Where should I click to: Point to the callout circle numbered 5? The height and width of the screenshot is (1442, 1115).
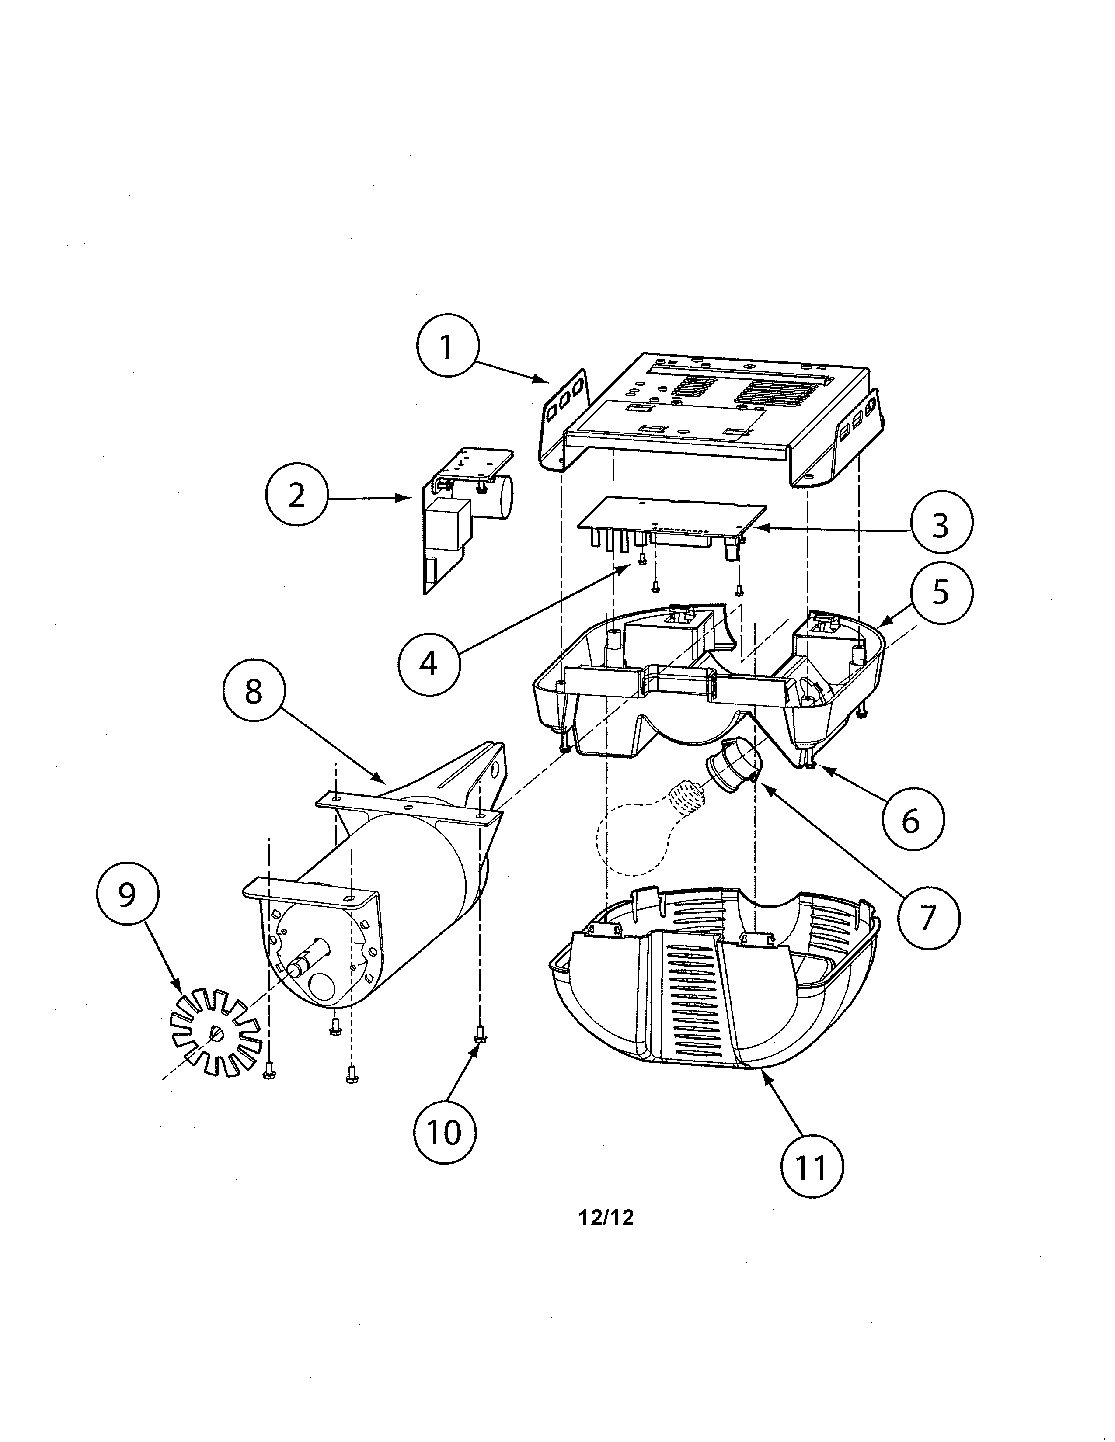(941, 592)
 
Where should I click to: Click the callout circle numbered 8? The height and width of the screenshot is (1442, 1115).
(254, 693)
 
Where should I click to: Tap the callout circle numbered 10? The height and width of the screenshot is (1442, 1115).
(445, 1132)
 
